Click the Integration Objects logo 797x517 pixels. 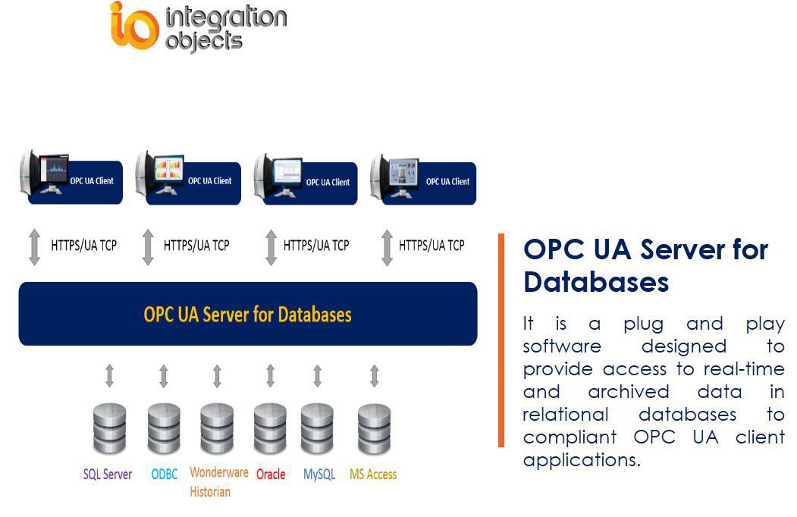[x=198, y=27]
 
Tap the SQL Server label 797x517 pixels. [x=107, y=475]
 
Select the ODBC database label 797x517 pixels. [x=164, y=475]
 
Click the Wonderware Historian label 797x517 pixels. [x=218, y=481]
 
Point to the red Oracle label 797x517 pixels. [x=271, y=475]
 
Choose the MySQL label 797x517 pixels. [x=318, y=475]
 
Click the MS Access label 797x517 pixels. [x=372, y=475]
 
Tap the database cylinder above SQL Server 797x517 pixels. [x=109, y=429]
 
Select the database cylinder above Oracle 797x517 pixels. [x=271, y=429]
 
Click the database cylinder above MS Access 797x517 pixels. [x=374, y=429]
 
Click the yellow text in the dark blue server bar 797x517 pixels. [x=247, y=314]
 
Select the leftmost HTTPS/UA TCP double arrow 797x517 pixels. [x=34, y=246]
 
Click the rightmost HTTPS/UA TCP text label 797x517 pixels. [x=431, y=246]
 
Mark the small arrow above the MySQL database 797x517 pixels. [x=318, y=376]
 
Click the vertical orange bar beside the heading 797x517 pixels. [x=500, y=340]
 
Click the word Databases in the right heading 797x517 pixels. [x=595, y=282]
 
